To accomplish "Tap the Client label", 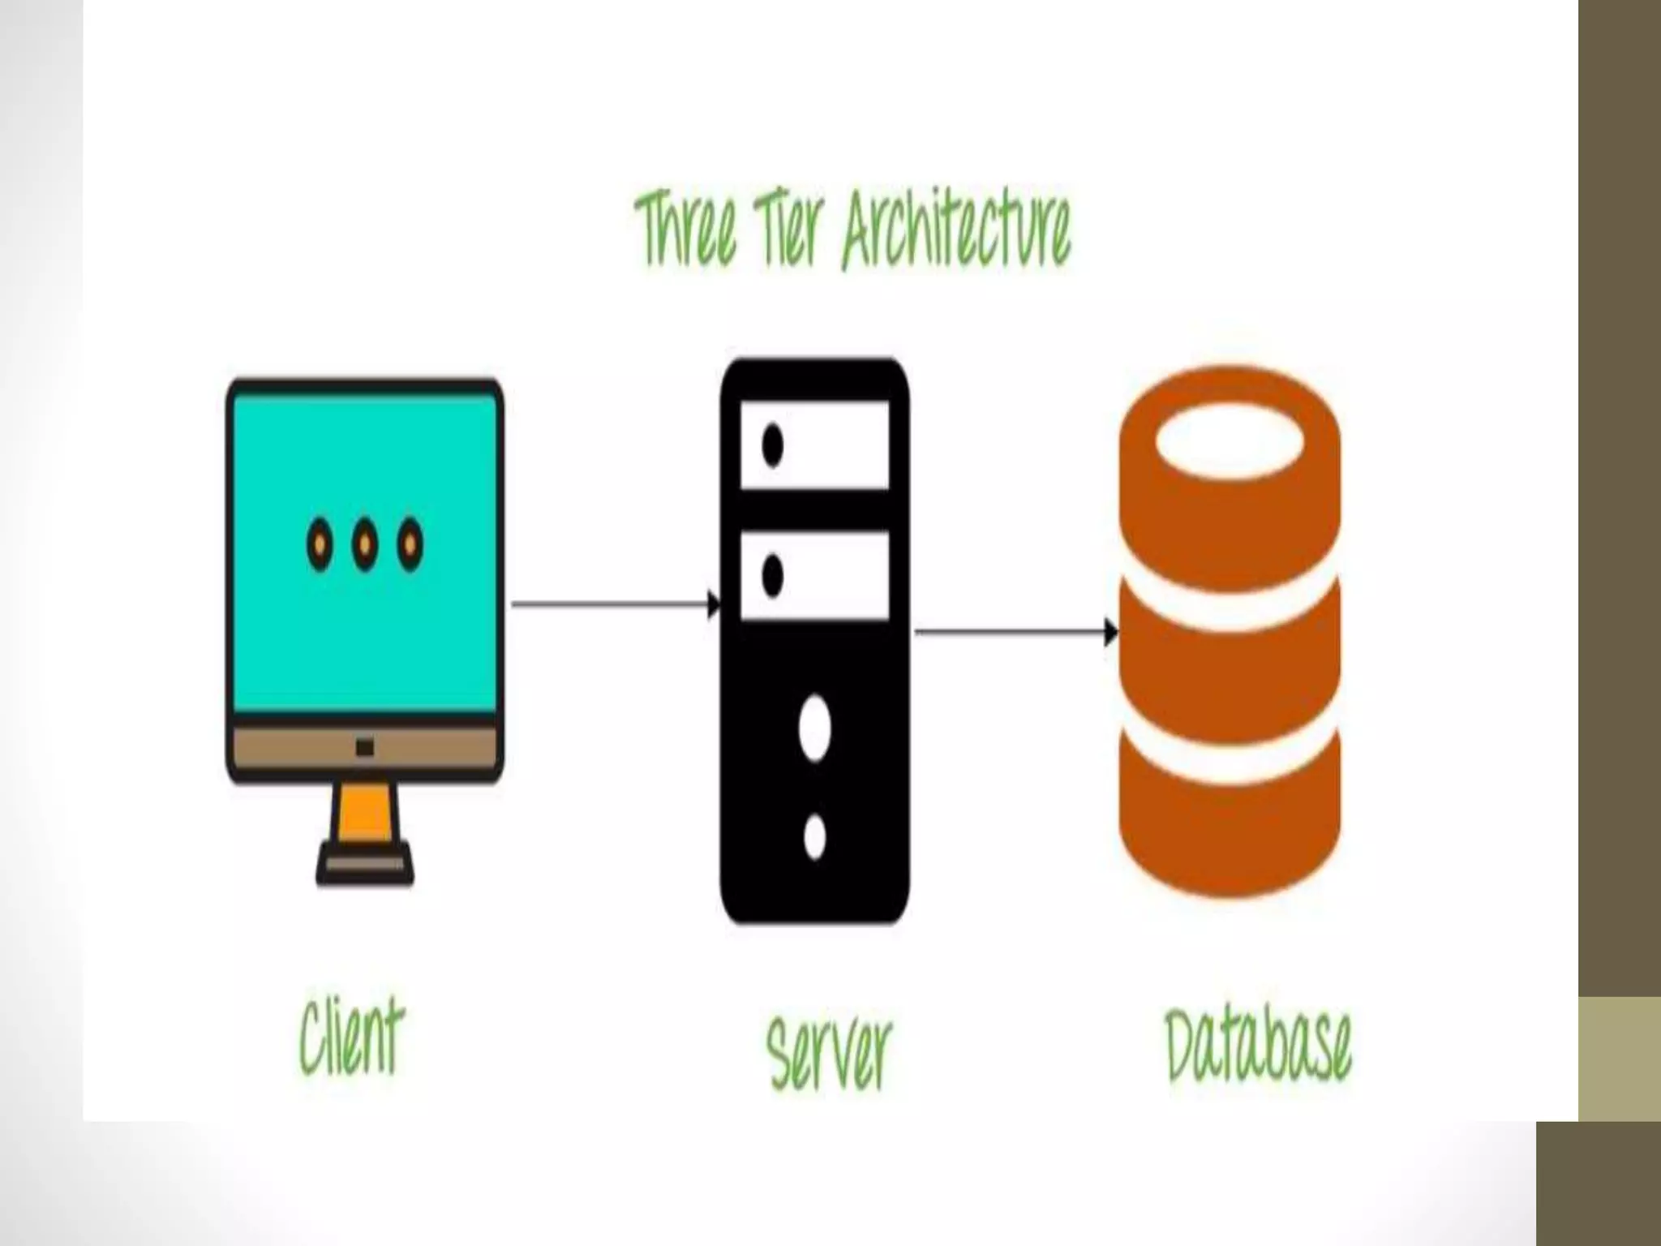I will click(x=350, y=1038).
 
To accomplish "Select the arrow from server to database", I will click(x=1014, y=631).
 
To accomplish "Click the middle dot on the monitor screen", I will click(x=365, y=544).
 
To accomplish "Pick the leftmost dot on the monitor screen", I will click(x=320, y=544).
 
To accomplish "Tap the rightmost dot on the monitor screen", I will click(x=410, y=544).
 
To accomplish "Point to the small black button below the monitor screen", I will click(x=364, y=747).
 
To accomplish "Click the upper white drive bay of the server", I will click(x=815, y=445).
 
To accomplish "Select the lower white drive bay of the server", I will click(x=815, y=576).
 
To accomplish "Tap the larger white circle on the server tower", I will click(x=814, y=728).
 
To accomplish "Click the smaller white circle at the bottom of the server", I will click(x=814, y=837).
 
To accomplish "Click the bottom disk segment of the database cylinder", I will click(x=1230, y=819).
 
